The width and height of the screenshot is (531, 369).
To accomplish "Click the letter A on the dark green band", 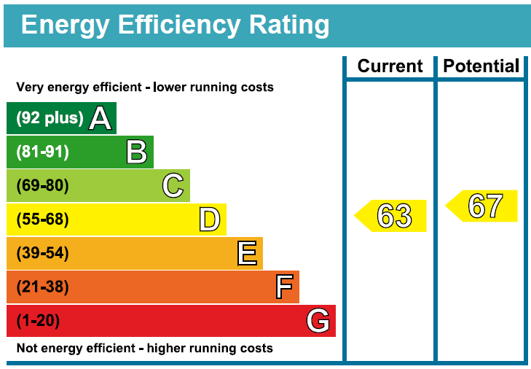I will tap(101, 118).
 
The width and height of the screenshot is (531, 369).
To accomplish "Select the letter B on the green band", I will tap(136, 152).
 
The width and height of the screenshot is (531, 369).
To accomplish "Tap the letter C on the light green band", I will tap(173, 185).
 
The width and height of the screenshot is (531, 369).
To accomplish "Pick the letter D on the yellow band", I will tap(209, 220).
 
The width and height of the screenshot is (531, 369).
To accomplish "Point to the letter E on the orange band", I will tap(247, 253).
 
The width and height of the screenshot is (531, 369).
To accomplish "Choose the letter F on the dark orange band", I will tap(284, 287).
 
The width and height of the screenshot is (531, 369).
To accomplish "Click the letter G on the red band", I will tap(318, 321).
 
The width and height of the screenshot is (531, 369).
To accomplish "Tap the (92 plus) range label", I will tap(50, 118).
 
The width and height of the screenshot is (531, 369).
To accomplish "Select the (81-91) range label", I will tap(42, 152).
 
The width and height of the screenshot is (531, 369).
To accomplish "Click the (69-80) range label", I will tap(42, 185).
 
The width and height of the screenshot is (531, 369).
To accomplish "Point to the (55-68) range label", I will tap(42, 220).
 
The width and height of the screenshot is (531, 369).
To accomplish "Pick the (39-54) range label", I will tap(42, 253).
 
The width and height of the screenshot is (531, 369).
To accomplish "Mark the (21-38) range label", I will tap(42, 287).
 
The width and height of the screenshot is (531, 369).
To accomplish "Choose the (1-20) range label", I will tap(38, 321).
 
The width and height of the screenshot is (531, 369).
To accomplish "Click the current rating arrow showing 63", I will tap(392, 216).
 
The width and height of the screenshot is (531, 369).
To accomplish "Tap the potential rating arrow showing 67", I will tap(483, 206).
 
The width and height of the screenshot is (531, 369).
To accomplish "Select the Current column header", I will tap(390, 66).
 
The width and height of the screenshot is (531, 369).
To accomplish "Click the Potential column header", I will tap(481, 66).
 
